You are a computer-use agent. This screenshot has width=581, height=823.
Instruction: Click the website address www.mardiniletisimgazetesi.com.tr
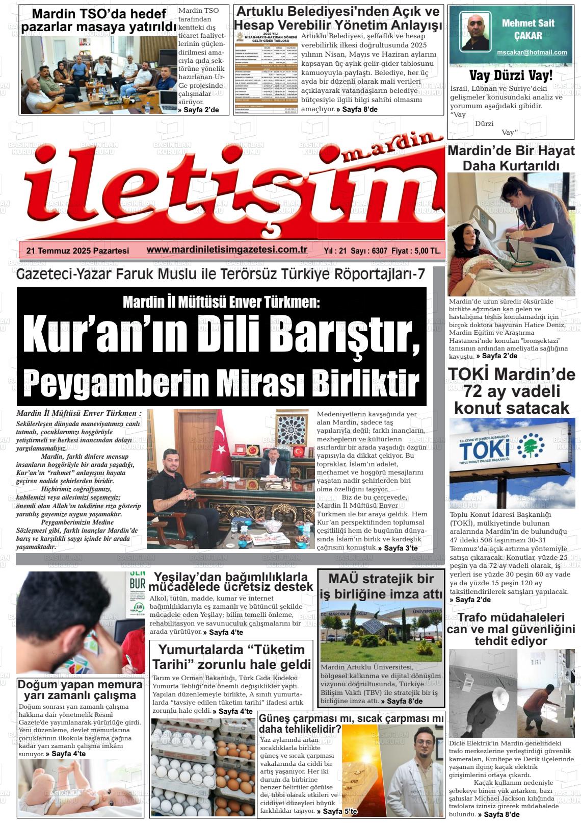[227, 250]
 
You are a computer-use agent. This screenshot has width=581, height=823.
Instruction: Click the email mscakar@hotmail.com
[532, 52]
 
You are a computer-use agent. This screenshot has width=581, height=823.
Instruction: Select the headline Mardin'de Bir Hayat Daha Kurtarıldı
[511, 158]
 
